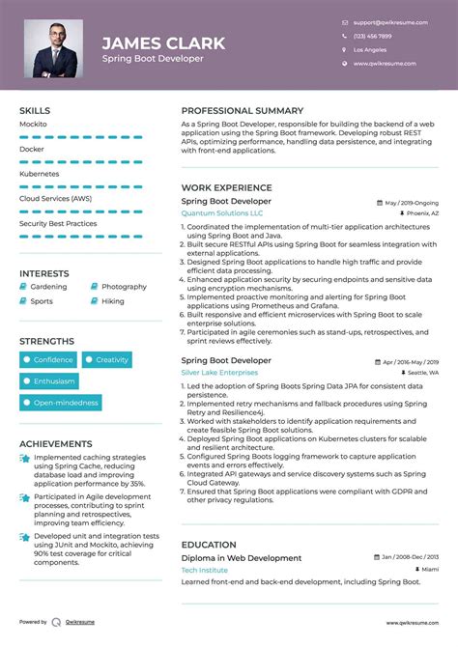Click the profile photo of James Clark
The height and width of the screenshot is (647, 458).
point(55,48)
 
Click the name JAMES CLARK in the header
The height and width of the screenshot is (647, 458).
point(163,42)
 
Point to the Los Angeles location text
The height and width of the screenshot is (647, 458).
point(370,48)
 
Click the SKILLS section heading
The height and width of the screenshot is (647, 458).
point(35,111)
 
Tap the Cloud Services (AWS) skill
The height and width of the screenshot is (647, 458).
point(56,198)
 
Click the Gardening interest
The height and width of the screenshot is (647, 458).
point(48,287)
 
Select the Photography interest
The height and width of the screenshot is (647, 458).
point(124,287)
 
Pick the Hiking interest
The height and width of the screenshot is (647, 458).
point(113,301)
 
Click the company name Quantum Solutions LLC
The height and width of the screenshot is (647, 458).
point(222,212)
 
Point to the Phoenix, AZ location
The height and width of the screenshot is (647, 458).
point(422,212)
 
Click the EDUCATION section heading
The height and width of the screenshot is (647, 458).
point(209,545)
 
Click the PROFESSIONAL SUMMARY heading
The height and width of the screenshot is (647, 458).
point(242,111)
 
